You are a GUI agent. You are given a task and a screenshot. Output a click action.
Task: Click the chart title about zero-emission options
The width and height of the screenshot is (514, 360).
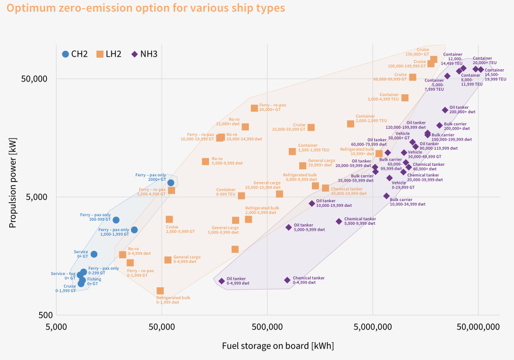(146, 9)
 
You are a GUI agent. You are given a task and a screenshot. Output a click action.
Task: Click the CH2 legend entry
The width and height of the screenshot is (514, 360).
(75, 54)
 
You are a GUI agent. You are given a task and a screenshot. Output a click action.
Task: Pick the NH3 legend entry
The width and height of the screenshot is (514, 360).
(144, 54)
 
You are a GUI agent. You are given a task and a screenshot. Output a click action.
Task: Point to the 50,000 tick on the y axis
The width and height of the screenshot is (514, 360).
(37, 79)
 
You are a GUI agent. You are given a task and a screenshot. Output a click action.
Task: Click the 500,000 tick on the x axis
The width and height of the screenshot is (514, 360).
(267, 327)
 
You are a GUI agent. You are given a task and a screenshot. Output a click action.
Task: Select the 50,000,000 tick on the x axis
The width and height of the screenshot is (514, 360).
(478, 327)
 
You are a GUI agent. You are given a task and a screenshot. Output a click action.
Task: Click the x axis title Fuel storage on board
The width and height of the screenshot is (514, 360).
(278, 346)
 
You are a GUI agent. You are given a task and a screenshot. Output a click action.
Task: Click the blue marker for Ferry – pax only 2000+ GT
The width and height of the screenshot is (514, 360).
(171, 183)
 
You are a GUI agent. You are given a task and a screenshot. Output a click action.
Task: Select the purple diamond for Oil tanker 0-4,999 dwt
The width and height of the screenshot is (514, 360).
(221, 281)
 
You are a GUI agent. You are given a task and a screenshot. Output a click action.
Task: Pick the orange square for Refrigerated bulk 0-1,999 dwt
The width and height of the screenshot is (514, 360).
(160, 291)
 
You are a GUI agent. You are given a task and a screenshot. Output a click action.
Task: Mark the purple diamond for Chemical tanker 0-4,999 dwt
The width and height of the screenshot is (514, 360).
(287, 280)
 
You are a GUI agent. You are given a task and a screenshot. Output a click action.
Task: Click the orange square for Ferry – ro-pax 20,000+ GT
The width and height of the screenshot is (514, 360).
(254, 108)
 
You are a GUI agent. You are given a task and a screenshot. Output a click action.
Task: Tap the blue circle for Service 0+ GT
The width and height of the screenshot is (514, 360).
(94, 254)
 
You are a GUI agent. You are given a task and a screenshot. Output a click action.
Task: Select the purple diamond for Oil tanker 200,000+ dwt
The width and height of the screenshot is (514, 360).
(445, 110)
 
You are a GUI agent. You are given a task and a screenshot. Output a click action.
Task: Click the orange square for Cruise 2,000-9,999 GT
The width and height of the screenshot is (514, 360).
(169, 219)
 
